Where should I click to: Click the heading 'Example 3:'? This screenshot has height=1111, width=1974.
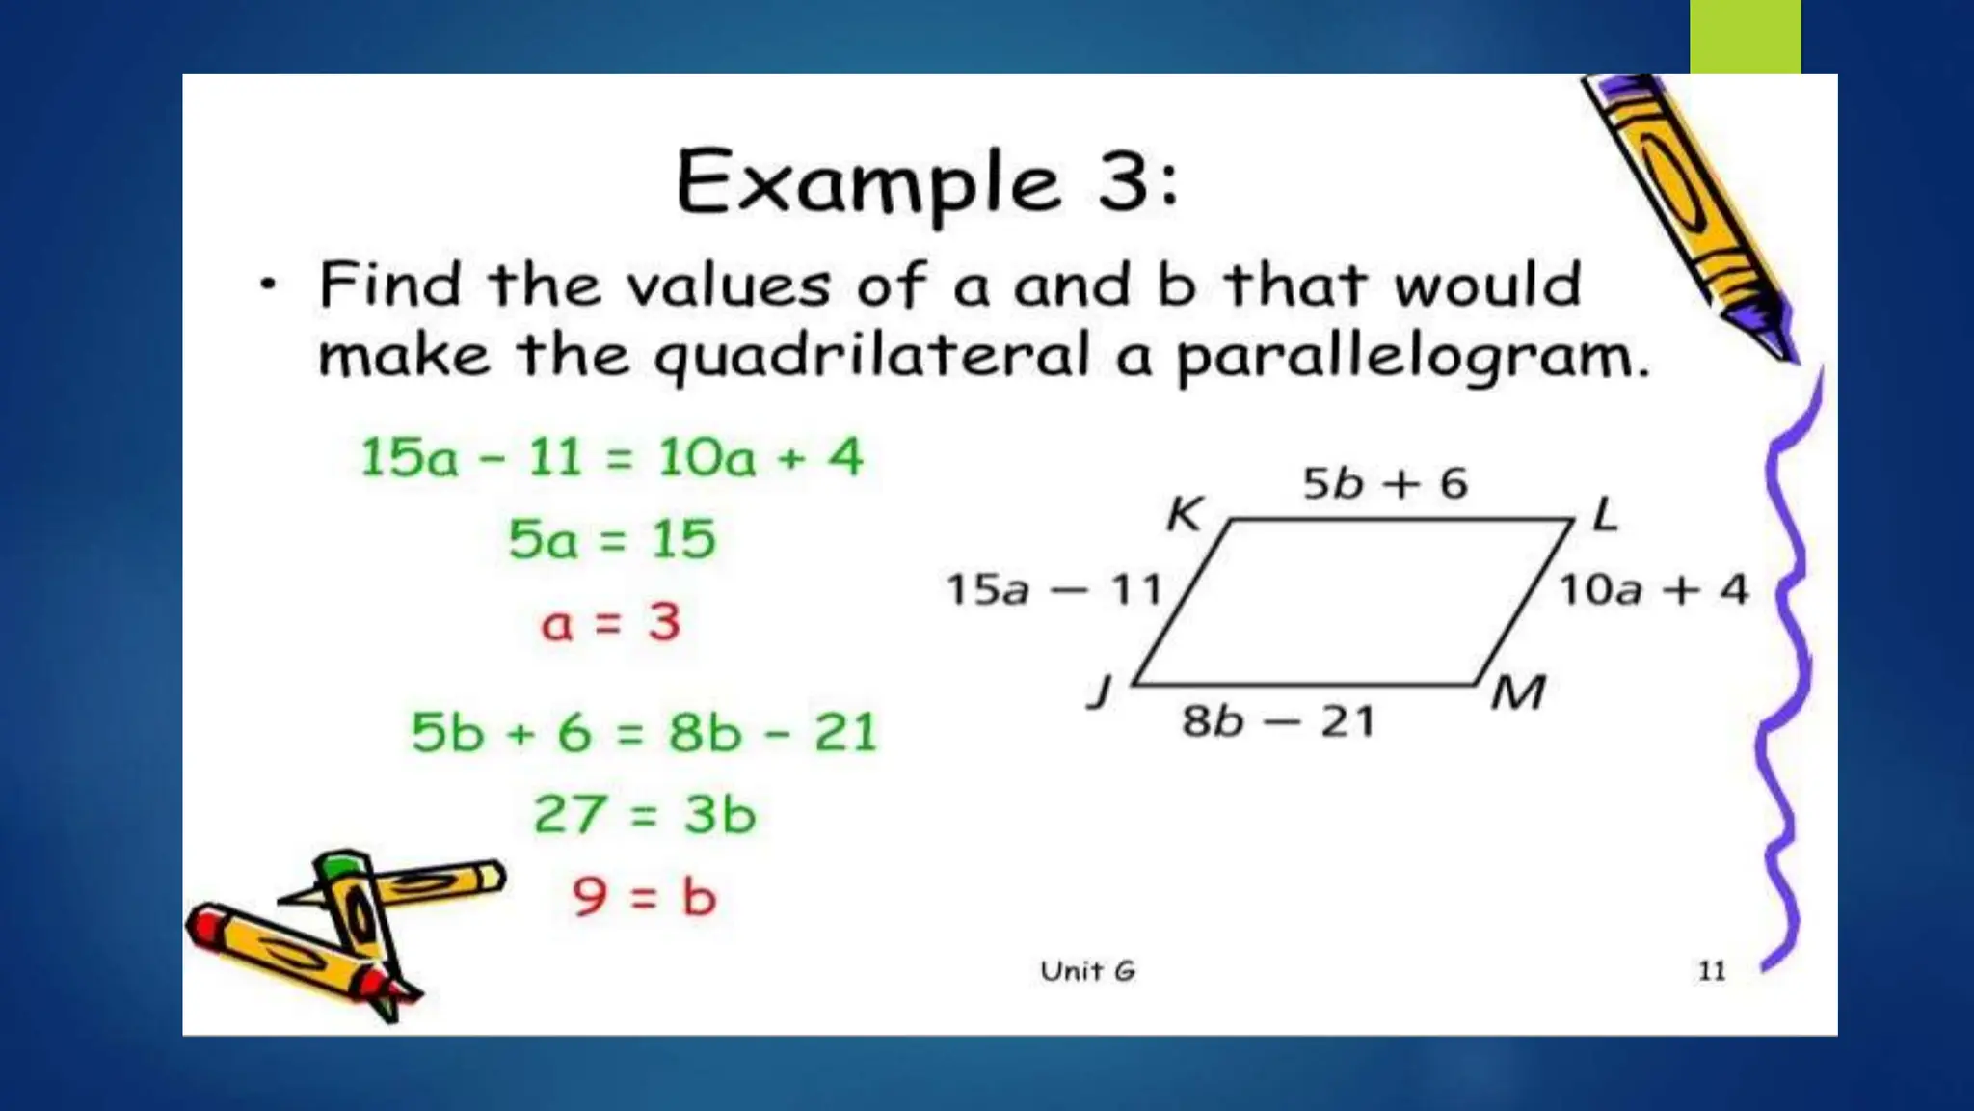[927, 182]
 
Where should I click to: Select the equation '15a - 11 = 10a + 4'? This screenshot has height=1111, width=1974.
[611, 457]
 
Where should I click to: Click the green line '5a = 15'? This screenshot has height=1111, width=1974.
[612, 539]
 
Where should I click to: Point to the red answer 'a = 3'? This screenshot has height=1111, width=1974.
[611, 622]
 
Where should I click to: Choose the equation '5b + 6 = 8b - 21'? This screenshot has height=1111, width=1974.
[644, 732]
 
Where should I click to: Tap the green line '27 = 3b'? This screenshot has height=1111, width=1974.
[644, 815]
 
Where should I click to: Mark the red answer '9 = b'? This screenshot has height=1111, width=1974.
[644, 897]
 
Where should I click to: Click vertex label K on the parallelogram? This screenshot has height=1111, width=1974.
[1184, 514]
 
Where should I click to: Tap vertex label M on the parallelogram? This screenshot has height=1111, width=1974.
[1518, 692]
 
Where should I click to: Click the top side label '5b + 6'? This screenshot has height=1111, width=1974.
[1385, 483]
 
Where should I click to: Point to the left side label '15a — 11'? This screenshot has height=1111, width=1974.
[1054, 589]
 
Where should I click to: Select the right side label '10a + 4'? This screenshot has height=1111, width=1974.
[1654, 589]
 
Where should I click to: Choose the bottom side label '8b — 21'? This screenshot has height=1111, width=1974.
[1278, 721]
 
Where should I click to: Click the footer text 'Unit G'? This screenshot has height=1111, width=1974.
[1088, 971]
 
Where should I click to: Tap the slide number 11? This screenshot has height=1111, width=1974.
[1712, 970]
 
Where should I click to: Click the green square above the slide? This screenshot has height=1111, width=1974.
[1745, 37]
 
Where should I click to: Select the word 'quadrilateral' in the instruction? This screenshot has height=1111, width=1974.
[872, 356]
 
